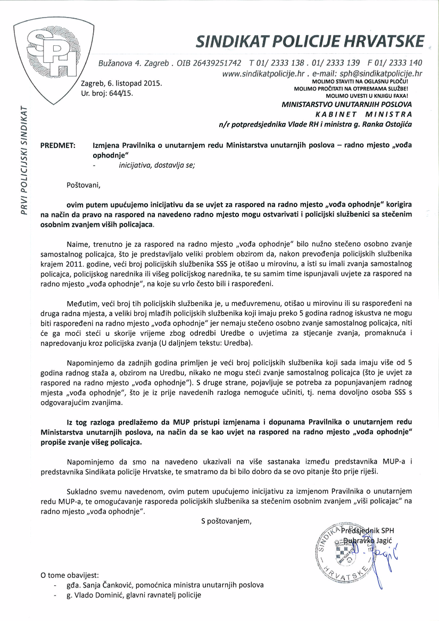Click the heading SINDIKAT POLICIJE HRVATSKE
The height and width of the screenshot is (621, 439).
click(310, 41)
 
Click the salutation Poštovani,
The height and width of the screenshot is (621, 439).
click(83, 186)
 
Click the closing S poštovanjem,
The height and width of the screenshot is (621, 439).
click(226, 520)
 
